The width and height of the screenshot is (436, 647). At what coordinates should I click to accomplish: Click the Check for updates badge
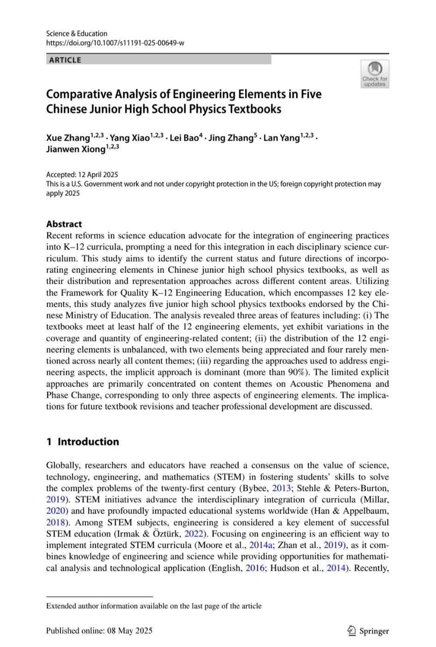click(x=375, y=74)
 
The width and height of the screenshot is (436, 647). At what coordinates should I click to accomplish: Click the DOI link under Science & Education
click(x=115, y=43)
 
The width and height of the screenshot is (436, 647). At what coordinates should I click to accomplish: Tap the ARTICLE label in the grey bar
click(x=65, y=60)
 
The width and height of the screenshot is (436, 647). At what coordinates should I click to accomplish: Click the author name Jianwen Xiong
click(x=75, y=149)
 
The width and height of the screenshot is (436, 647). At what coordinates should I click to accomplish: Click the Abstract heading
click(x=64, y=224)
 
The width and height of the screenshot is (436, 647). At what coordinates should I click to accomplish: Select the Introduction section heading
click(x=88, y=441)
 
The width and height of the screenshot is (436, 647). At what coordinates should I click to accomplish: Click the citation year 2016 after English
click(x=255, y=568)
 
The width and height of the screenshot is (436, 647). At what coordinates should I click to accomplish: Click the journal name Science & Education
click(x=77, y=33)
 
